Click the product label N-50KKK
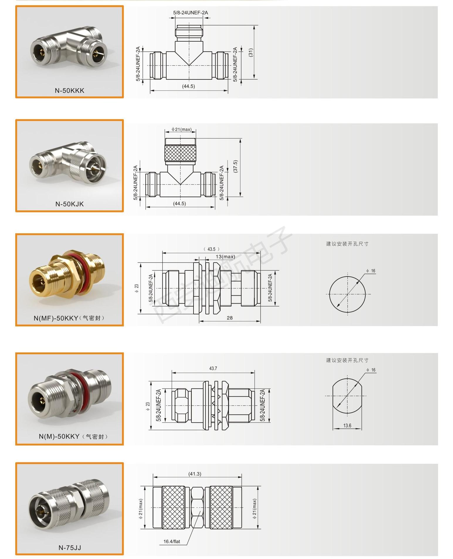coord(69,91)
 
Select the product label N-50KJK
coord(69,204)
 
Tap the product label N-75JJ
coord(69,548)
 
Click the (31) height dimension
coord(251,53)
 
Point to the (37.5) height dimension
coord(235,166)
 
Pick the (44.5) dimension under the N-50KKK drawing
coord(189,86)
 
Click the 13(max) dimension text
coord(225,257)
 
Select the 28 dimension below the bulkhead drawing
coord(230,318)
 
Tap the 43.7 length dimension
coord(213,368)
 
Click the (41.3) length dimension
coord(195,474)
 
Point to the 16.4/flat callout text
coord(172,541)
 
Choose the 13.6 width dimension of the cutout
coord(347,425)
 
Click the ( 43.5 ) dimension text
coord(211,249)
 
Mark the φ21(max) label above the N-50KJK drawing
coord(181,129)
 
